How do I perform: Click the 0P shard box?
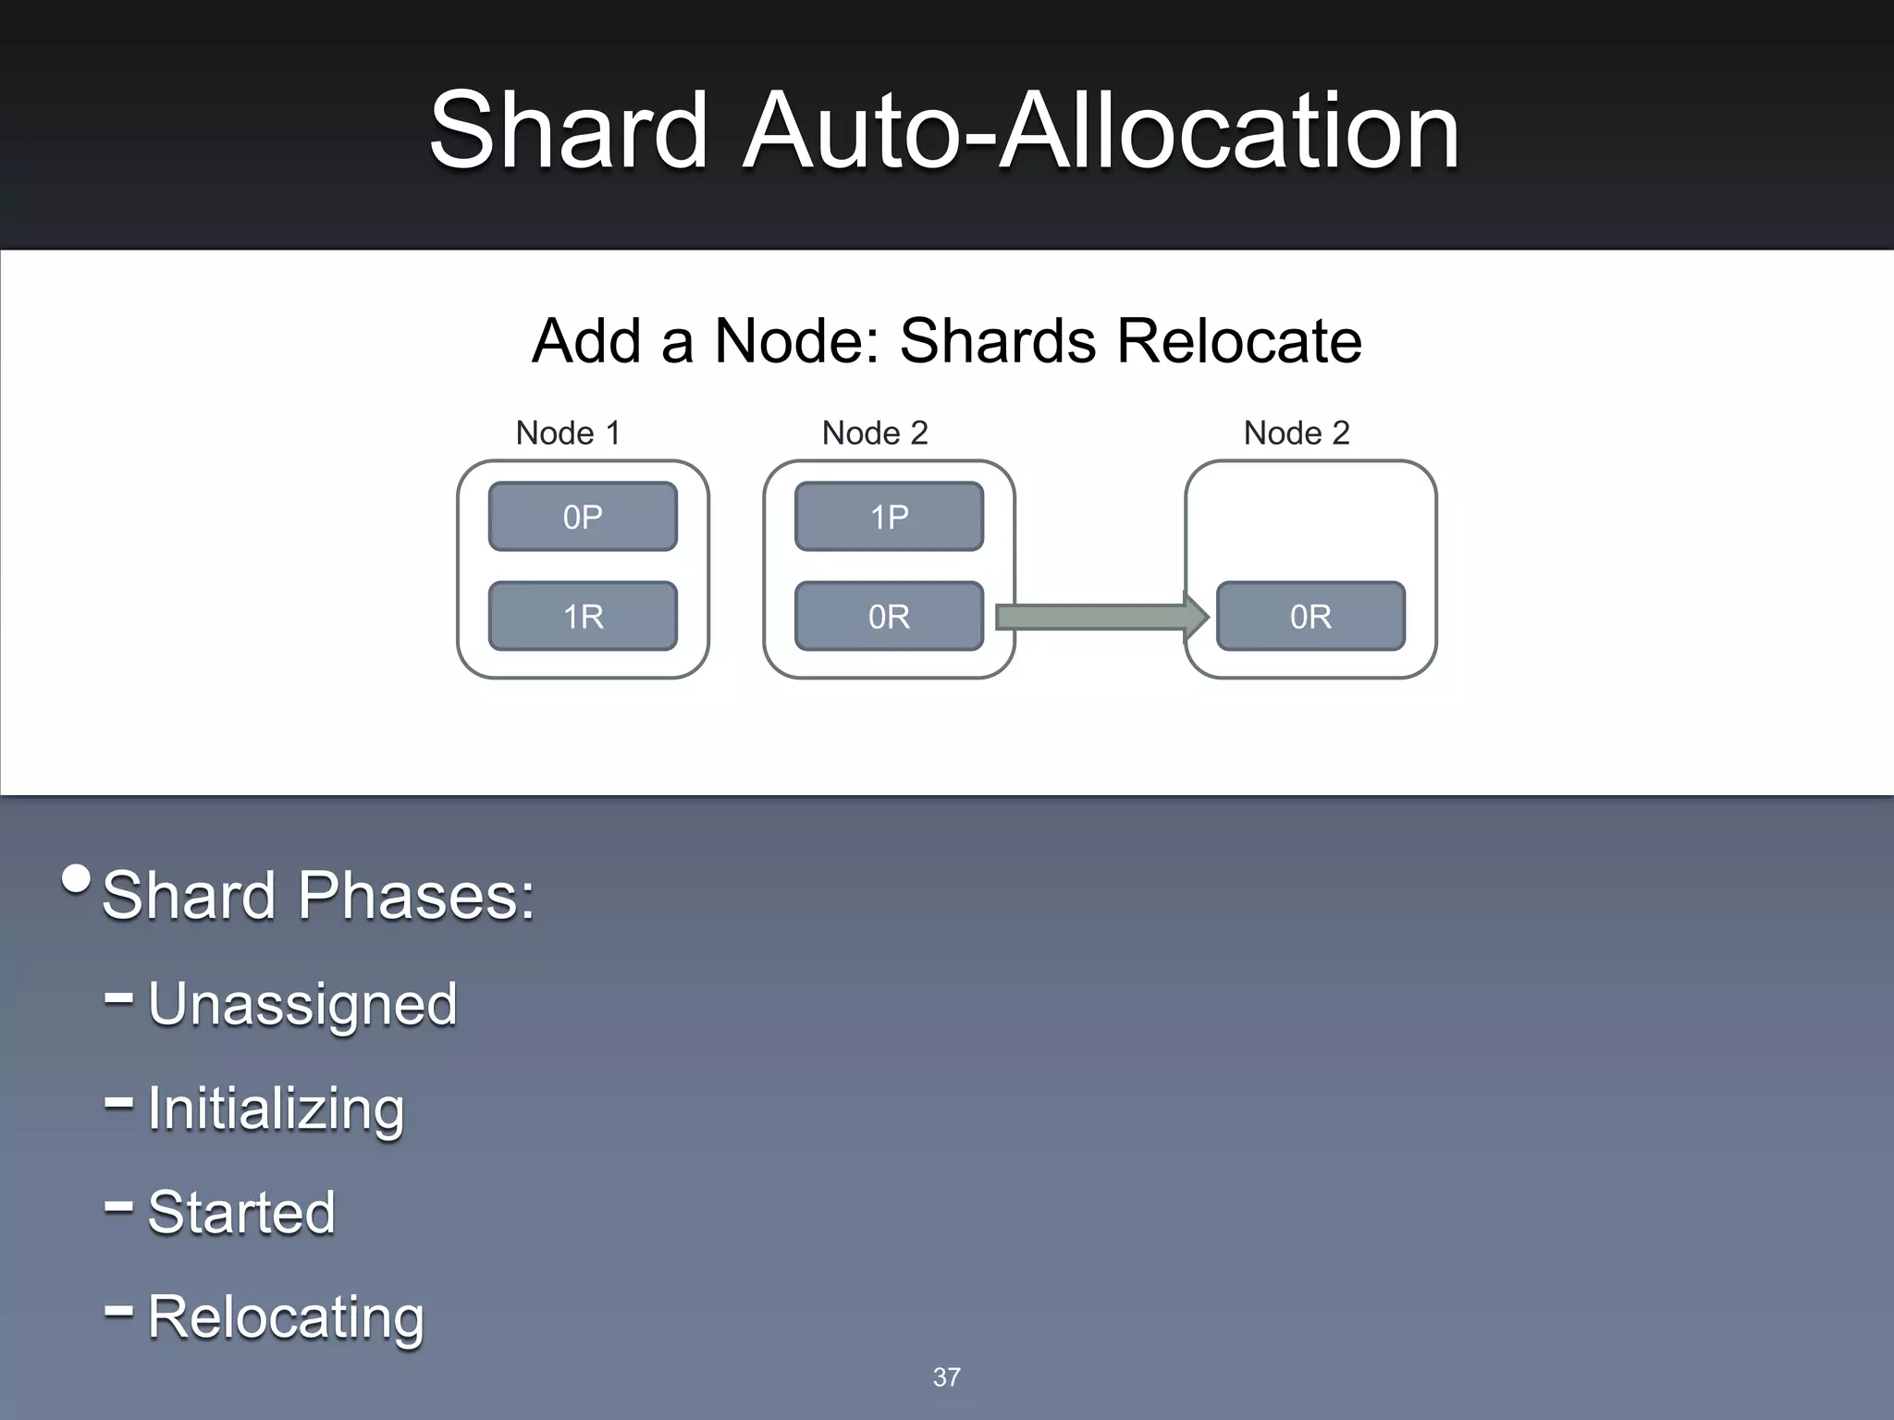[x=583, y=517]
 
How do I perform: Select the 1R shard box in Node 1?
[x=583, y=617]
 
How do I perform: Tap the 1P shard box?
[x=889, y=517]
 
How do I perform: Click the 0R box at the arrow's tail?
[x=889, y=617]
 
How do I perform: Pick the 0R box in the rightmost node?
[x=1310, y=617]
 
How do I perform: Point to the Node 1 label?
[x=568, y=433]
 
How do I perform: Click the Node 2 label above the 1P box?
[x=875, y=433]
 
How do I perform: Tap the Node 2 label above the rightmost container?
[x=1297, y=433]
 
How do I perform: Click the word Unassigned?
[x=302, y=1005]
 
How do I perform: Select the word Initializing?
[x=276, y=1109]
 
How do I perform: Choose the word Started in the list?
[x=241, y=1213]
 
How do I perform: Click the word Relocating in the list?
[x=286, y=1317]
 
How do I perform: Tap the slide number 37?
[x=946, y=1377]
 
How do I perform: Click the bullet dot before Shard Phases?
[x=77, y=879]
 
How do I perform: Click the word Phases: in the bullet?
[x=415, y=896]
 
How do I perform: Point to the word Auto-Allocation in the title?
[x=1101, y=131]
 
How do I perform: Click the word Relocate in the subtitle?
[x=1239, y=341]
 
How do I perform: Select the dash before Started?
[x=119, y=1206]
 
